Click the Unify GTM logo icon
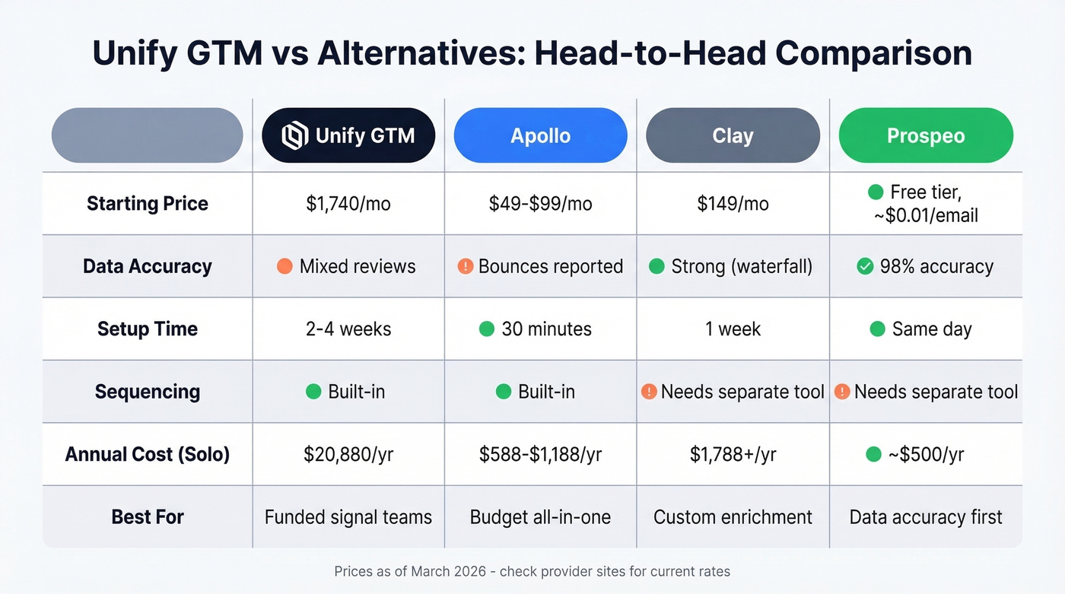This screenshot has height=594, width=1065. point(294,136)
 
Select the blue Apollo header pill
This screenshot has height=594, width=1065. point(540,136)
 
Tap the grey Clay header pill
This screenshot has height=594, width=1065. point(733,136)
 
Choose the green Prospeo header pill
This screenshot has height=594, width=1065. point(925,136)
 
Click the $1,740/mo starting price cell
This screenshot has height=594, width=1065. point(348,204)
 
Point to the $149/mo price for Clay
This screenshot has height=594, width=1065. point(733,204)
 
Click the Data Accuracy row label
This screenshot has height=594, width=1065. point(148,266)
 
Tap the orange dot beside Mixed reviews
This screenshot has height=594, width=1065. point(285,266)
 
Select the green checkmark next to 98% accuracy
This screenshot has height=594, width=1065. point(865,266)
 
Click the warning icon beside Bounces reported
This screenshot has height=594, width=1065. point(466,266)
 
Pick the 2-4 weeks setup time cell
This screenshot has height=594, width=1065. point(348,329)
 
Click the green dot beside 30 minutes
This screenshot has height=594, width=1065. point(487,329)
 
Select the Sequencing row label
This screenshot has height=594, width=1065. point(148,392)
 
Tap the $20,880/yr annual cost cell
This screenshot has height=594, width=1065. point(348,455)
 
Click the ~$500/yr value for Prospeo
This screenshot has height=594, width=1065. point(926,455)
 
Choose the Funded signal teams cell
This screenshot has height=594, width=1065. point(348,517)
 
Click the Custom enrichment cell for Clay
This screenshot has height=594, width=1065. point(733,517)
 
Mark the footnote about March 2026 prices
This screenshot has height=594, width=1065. point(532,571)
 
